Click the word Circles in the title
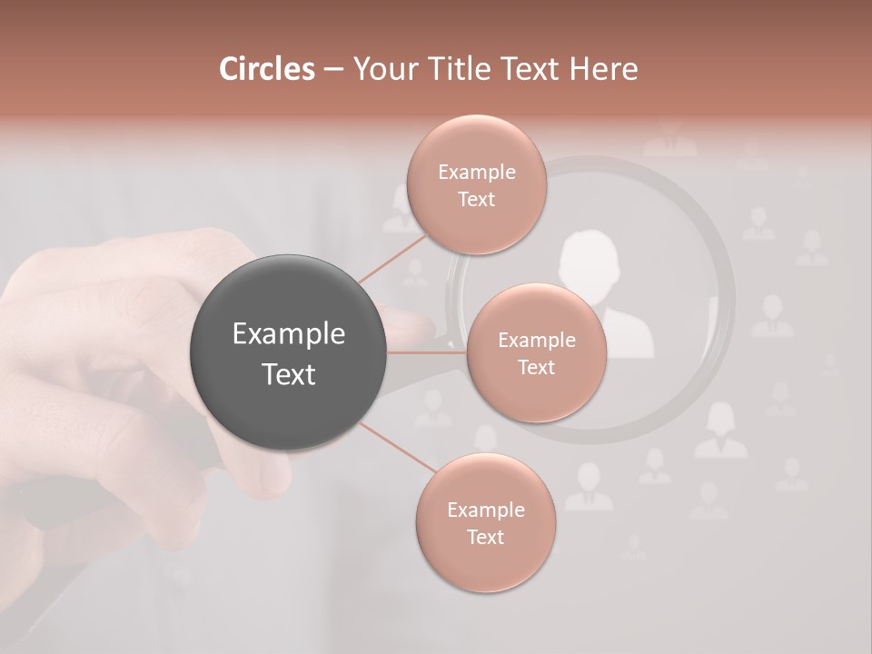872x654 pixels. pos(267,69)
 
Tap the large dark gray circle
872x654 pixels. pos(289,352)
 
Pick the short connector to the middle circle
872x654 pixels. pos(427,352)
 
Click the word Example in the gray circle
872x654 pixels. pos(289,334)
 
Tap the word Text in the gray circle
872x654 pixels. pos(289,374)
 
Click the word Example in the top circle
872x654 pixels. pos(476,173)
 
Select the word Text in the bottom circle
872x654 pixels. pos(485,538)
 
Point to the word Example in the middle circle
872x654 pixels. pos(537,341)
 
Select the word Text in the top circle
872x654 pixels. pos(476,200)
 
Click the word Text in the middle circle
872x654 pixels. pos(537,368)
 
